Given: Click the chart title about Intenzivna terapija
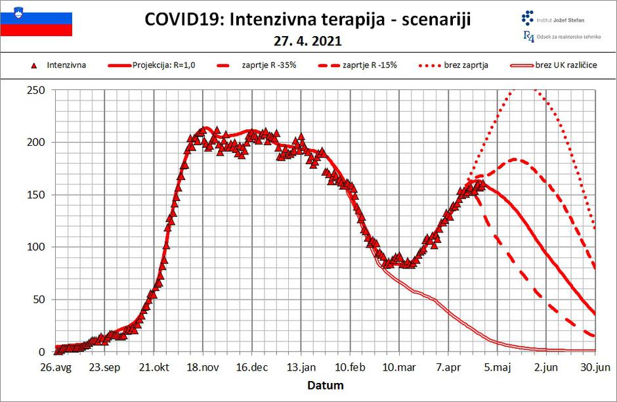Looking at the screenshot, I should [307, 20].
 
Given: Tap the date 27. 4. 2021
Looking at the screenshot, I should [307, 41].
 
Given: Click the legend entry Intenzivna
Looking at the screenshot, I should [66, 65].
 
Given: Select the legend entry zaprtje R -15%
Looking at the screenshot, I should [370, 65].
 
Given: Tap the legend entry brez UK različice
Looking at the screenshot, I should [565, 65].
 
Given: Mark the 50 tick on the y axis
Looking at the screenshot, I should [37, 300].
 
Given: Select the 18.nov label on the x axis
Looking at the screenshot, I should [203, 366].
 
